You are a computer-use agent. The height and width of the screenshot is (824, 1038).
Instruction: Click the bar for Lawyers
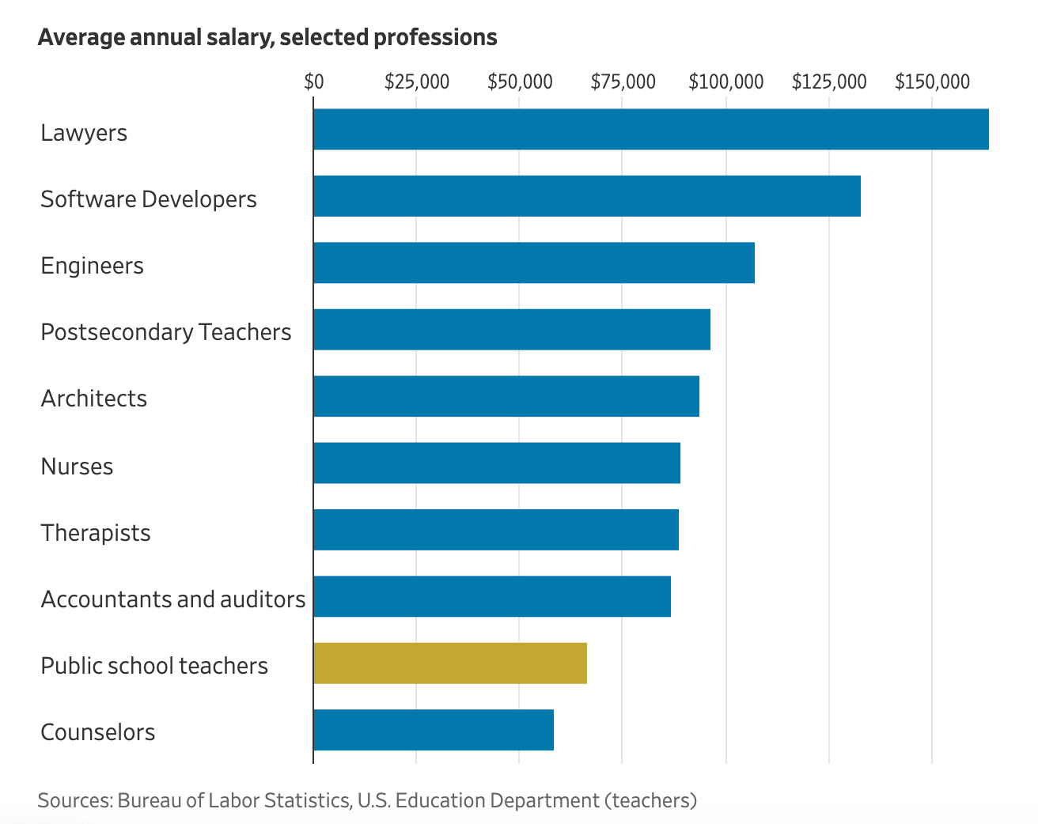[650, 129]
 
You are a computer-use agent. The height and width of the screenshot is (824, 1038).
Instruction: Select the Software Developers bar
[586, 196]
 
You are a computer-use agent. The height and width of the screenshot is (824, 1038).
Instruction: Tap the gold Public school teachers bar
[450, 663]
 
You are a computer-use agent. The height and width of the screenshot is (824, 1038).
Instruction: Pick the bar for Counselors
[434, 730]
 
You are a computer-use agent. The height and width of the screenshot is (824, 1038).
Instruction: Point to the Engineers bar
[534, 263]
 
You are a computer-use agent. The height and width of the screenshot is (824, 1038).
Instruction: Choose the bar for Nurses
[497, 463]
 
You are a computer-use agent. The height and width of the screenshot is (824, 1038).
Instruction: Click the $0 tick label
[314, 82]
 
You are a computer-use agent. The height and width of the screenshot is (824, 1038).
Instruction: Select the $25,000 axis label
[417, 82]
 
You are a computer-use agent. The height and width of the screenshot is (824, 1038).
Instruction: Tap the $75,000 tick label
[623, 82]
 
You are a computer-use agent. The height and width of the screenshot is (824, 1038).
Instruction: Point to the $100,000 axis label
[726, 82]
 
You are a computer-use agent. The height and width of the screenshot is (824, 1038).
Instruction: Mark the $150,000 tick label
[932, 82]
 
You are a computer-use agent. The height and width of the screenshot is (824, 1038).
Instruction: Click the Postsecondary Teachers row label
[166, 332]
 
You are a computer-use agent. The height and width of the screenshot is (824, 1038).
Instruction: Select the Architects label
[94, 399]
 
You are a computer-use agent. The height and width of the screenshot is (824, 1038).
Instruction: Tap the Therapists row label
[96, 533]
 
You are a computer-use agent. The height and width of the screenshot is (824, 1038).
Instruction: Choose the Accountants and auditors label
[173, 599]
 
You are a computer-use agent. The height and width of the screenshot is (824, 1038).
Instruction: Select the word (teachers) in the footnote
[651, 800]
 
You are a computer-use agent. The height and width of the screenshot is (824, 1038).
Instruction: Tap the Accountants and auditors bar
[492, 596]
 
